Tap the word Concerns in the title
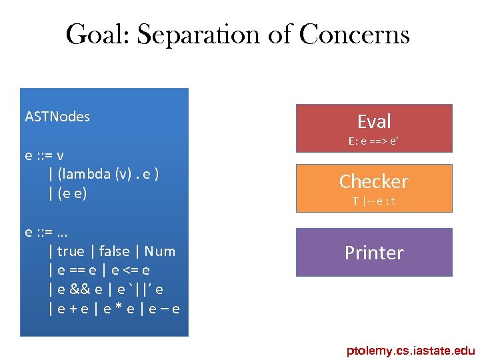(x=354, y=35)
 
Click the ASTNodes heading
(x=57, y=117)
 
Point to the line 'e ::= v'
(x=45, y=155)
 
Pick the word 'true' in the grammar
(x=71, y=251)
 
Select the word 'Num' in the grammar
(x=159, y=251)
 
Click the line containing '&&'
(x=106, y=289)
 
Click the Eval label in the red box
(x=374, y=121)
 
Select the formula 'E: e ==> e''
(x=373, y=141)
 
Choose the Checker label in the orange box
(x=373, y=181)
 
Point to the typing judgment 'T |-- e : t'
(x=373, y=201)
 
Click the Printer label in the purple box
(x=374, y=253)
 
